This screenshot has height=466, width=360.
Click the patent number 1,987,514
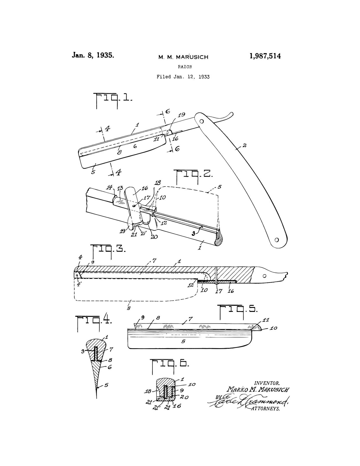265,56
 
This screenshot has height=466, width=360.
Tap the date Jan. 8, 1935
93,55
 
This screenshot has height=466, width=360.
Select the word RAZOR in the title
185,67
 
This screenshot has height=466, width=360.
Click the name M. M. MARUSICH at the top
183,57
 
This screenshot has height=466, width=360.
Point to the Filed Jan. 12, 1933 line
183,77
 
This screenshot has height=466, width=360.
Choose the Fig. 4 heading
93,321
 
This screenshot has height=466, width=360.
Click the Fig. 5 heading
238,310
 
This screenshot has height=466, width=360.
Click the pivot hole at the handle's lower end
276,240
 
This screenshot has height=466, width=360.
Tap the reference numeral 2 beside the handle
244,145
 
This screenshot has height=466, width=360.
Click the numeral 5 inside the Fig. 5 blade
183,342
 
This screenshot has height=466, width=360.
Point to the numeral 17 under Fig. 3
219,291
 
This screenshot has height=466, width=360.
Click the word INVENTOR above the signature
267,383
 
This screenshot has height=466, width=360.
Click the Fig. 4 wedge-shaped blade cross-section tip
96,397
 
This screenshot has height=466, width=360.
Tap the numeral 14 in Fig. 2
109,187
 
